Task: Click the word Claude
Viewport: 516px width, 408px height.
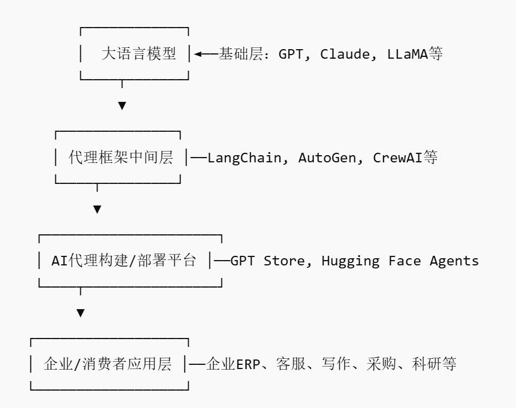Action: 345,54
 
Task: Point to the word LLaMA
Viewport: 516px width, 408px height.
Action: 408,54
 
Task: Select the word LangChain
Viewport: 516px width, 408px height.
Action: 244,158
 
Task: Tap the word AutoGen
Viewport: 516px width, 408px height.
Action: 327,158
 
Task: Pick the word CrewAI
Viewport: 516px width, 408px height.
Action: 397,158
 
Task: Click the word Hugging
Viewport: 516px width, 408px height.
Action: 351,261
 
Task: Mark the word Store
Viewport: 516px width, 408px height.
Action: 284,261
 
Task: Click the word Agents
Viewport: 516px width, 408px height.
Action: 454,261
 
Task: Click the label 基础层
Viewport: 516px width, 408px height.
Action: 240,54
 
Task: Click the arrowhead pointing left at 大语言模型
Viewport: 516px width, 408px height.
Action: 197,54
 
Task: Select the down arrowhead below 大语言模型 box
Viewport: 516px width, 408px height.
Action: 122,105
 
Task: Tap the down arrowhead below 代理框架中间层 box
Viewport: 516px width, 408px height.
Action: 97,209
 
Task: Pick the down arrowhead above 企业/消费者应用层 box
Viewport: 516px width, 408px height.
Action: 81,313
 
